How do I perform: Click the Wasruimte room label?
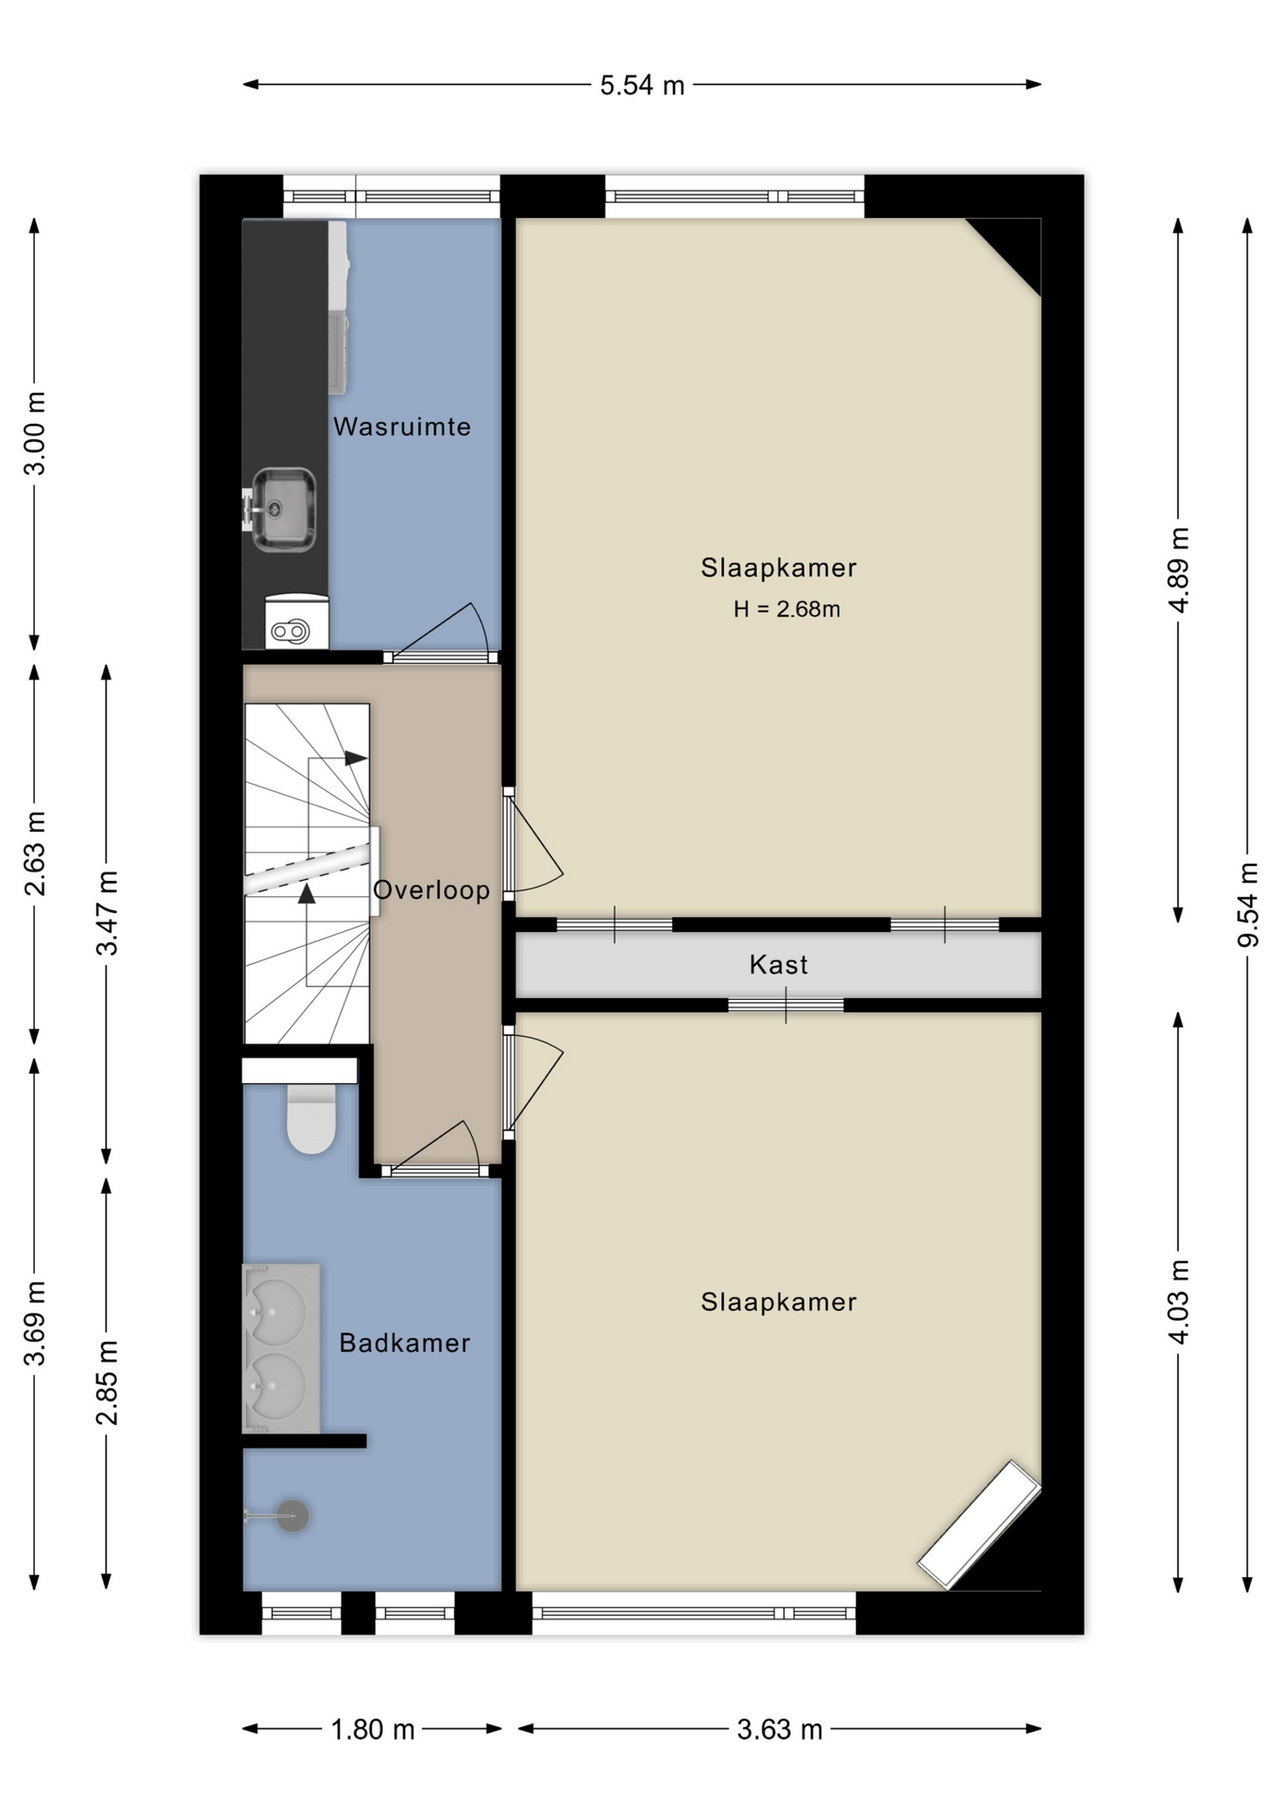[x=401, y=427]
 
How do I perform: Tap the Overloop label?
[x=431, y=890]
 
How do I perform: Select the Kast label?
[x=778, y=965]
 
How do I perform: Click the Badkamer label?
[x=404, y=1343]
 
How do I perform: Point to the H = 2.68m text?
[x=786, y=609]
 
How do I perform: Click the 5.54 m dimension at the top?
[x=642, y=85]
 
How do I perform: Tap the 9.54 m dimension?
[x=1248, y=905]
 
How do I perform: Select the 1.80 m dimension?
[x=373, y=1729]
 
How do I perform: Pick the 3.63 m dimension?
[x=780, y=1729]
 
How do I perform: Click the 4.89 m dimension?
[x=1178, y=569]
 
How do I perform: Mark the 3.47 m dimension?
[x=107, y=913]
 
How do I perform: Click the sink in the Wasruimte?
[x=282, y=510]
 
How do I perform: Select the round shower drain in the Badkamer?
[x=293, y=1516]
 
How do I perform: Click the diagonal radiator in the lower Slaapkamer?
[x=979, y=1524]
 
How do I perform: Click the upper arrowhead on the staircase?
[x=356, y=757]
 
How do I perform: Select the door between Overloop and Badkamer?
[x=436, y=1148]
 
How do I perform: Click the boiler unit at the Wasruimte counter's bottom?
[x=296, y=621]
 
